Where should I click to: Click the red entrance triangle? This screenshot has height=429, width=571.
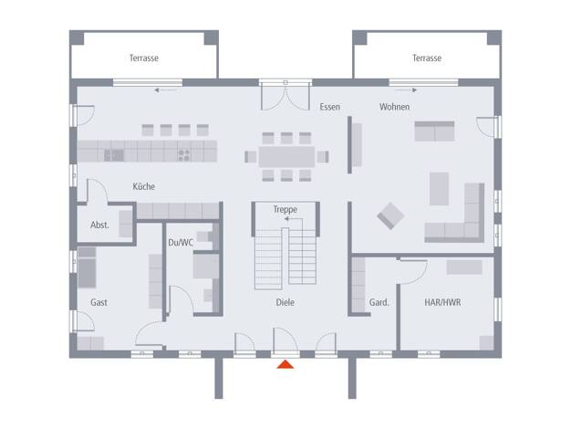(285, 364)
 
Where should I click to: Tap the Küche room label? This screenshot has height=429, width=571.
(143, 186)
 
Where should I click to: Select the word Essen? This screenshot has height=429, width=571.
(330, 107)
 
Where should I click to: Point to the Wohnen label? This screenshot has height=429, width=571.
(394, 107)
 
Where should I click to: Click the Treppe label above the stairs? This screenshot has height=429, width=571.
(285, 210)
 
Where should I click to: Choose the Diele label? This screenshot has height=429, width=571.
(285, 302)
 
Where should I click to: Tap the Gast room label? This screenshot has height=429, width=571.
(99, 302)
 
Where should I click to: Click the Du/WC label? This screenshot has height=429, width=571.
(181, 243)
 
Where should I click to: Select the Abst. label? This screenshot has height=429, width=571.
(99, 225)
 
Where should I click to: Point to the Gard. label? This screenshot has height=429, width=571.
(379, 302)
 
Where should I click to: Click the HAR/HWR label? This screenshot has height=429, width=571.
(442, 302)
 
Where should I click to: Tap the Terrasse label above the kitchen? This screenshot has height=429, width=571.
(144, 58)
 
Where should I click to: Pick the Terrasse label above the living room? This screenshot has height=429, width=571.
(427, 58)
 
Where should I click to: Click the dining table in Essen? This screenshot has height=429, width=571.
(286, 157)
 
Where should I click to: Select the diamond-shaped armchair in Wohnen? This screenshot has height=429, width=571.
(390, 215)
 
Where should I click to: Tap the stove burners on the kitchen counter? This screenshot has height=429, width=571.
(184, 155)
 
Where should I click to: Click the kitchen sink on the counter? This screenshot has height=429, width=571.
(114, 156)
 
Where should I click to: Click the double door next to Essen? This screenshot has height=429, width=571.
(285, 96)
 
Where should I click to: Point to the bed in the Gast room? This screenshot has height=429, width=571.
(87, 267)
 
